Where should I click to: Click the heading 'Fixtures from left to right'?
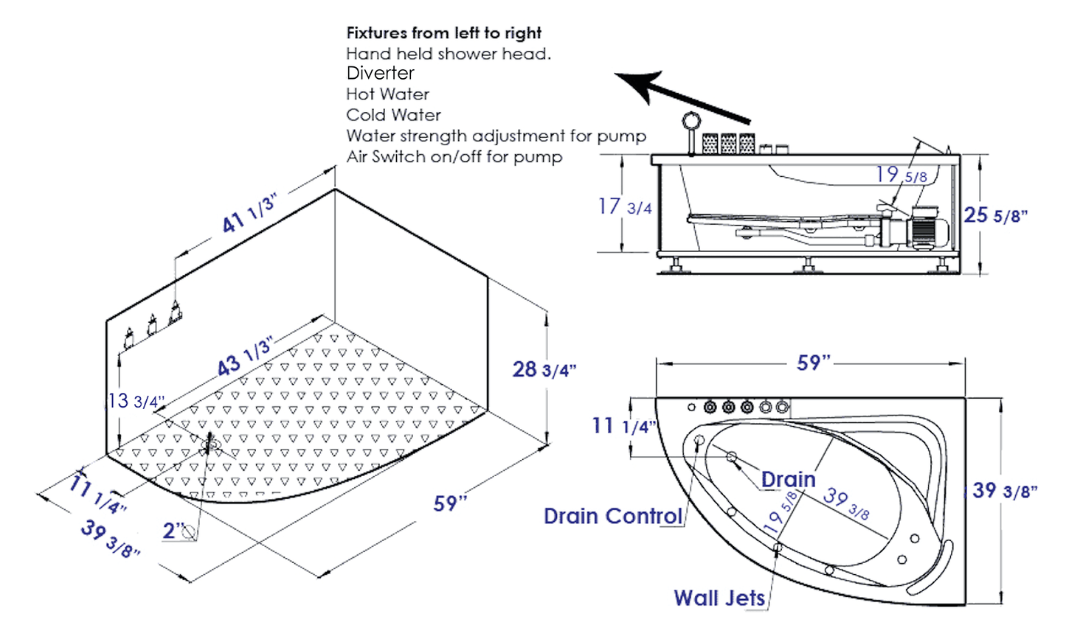pos(443,33)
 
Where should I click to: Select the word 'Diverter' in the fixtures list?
pos(380,73)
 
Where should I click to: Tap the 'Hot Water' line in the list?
pos(387,94)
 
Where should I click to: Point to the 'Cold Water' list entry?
pos(393,115)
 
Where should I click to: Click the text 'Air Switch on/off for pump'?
pos(454,157)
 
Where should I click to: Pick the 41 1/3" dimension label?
pos(249,212)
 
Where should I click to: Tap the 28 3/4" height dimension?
pos(544,369)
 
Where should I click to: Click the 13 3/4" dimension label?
pos(136,401)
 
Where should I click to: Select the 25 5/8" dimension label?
pos(995,215)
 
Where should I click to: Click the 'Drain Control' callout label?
pos(612,516)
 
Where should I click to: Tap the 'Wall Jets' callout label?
pos(719,598)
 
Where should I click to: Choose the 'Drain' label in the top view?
pos(788,479)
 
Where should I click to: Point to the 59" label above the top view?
pos(814,363)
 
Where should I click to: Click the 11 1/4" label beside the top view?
pos(624,426)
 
